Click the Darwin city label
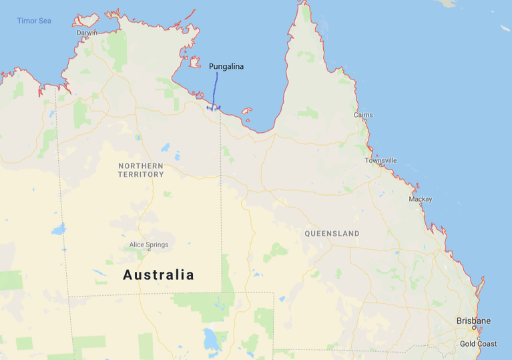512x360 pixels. pyautogui.click(x=87, y=32)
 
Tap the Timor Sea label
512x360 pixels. pyautogui.click(x=34, y=21)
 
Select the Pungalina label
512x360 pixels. pyautogui.click(x=226, y=66)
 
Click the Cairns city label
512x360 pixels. pyautogui.click(x=363, y=115)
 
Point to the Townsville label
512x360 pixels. pyautogui.click(x=380, y=160)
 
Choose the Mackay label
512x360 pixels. pyautogui.click(x=421, y=199)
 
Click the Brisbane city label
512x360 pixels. pyautogui.click(x=473, y=321)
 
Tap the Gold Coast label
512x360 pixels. pyautogui.click(x=478, y=344)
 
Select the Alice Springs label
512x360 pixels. pyautogui.click(x=149, y=244)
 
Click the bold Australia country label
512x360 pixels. pyautogui.click(x=159, y=275)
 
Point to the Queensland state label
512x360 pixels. pyautogui.click(x=332, y=234)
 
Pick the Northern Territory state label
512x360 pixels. pyautogui.click(x=141, y=170)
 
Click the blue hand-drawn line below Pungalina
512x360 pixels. pyautogui.click(x=216, y=87)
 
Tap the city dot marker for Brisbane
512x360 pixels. pyautogui.click(x=474, y=328)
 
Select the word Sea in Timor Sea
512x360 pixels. pyautogui.click(x=44, y=21)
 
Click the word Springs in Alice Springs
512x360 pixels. pyautogui.click(x=157, y=244)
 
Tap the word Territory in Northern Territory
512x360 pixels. pyautogui.click(x=141, y=174)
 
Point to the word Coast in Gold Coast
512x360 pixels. pyautogui.click(x=487, y=344)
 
